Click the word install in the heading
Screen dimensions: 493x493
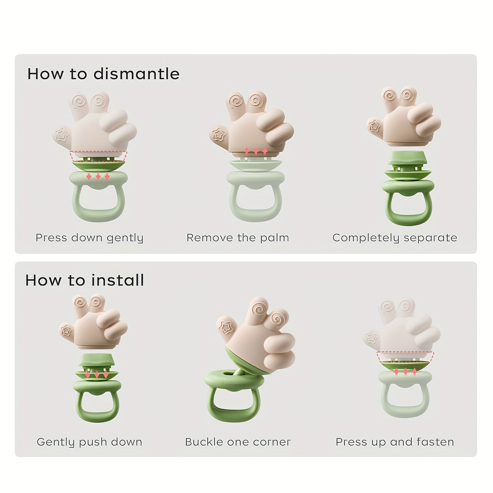pos(118,280)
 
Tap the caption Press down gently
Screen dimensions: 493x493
pos(89,238)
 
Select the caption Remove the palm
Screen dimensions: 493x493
pos(238,238)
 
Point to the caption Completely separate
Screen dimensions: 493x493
pos(395,238)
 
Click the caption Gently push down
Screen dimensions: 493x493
pos(89,442)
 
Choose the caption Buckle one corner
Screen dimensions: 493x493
pos(238,442)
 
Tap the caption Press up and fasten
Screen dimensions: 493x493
pos(395,442)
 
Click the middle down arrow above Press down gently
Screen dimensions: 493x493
pos(98,176)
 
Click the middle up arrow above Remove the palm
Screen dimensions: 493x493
pos(256,151)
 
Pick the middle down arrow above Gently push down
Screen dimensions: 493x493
pos(97,375)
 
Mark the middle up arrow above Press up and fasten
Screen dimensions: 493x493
pos(405,371)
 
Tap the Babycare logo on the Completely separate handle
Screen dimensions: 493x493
pos(406,187)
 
